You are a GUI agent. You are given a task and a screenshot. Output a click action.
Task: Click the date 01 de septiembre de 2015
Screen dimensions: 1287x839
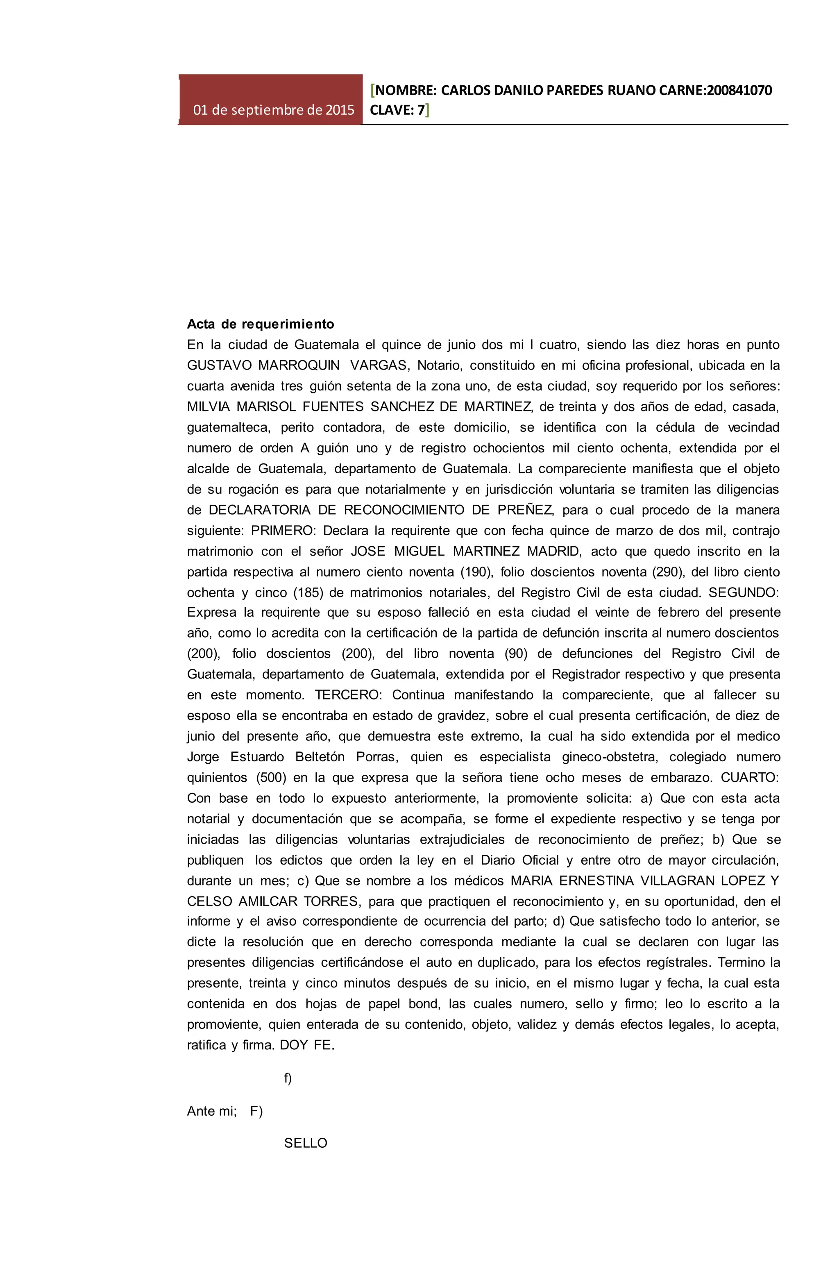coord(274,110)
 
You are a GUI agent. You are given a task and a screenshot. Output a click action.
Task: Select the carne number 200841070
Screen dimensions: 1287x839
coord(739,90)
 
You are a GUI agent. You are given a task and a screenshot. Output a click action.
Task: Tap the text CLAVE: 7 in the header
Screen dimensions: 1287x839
coord(397,110)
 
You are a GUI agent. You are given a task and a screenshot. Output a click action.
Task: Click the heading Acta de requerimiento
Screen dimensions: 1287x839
coord(261,324)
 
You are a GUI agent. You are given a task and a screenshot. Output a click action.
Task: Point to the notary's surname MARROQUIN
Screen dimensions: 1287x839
coord(298,365)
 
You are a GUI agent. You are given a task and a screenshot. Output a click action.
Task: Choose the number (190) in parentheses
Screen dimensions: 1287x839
coord(476,572)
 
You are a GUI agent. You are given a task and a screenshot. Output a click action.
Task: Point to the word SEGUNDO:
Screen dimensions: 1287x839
coord(743,592)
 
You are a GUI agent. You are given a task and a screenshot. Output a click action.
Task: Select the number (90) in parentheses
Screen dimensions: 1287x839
coord(516,654)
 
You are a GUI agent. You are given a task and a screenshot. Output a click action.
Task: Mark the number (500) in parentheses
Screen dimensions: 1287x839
coord(271,778)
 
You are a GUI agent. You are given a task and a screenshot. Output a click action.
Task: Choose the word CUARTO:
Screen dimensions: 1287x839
coord(750,778)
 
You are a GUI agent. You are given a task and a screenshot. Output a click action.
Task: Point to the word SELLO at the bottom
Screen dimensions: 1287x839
coord(306,1143)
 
